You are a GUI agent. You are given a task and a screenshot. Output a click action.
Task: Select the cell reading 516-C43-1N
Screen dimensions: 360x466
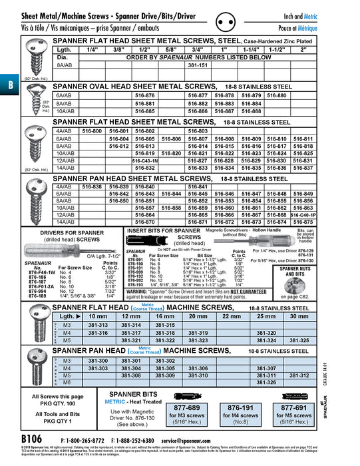144,161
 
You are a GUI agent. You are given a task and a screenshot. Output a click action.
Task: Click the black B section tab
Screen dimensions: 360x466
7,85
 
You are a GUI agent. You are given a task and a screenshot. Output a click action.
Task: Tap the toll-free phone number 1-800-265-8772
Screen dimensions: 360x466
83,441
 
